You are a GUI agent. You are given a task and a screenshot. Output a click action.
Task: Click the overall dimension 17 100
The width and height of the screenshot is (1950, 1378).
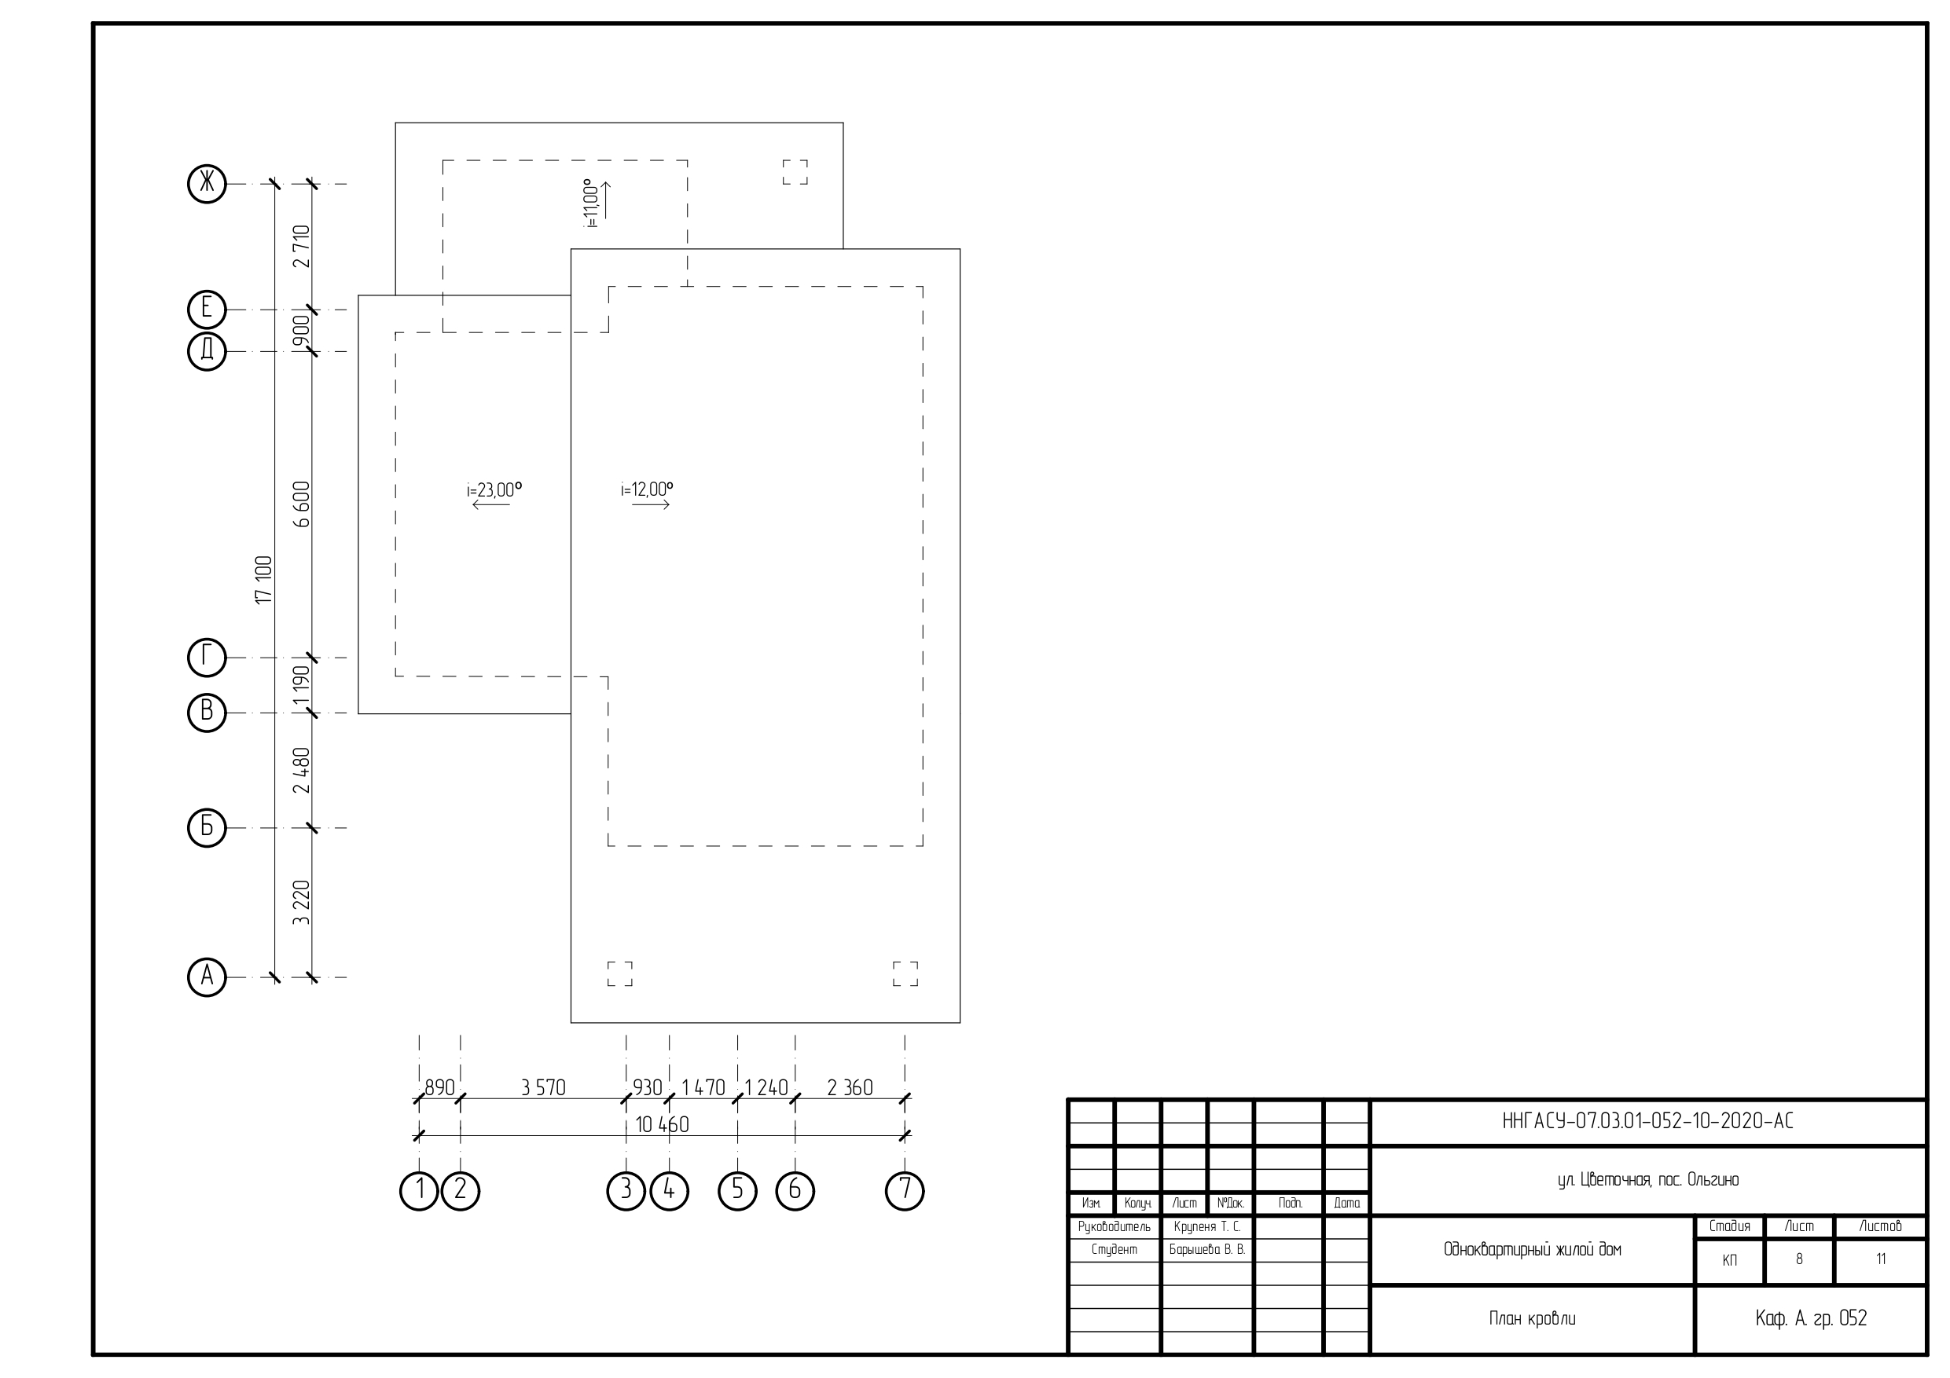(x=264, y=580)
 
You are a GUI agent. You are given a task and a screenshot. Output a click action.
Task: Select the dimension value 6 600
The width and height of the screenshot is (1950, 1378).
(x=302, y=504)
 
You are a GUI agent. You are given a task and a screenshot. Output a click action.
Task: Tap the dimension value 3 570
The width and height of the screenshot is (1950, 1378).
(x=544, y=1087)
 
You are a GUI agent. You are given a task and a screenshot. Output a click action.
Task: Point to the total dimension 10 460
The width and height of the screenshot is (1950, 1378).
(x=663, y=1125)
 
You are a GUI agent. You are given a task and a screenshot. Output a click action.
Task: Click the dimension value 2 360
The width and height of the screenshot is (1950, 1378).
(x=850, y=1087)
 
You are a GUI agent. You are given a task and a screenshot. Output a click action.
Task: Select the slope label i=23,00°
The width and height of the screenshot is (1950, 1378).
(x=494, y=490)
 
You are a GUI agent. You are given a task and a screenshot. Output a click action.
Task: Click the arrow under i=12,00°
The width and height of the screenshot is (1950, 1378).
(x=652, y=505)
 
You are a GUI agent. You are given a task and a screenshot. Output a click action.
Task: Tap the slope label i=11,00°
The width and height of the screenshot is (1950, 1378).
(x=592, y=203)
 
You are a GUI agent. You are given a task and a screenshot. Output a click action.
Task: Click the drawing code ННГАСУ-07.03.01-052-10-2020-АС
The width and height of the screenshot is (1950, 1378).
(x=1647, y=1122)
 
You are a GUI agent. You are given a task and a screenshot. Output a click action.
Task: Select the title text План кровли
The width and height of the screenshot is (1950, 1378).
(x=1532, y=1318)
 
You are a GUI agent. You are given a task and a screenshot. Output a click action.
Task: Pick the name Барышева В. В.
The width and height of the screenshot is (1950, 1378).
(x=1206, y=1250)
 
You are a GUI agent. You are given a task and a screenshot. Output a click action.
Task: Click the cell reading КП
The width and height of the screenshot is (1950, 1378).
(x=1729, y=1261)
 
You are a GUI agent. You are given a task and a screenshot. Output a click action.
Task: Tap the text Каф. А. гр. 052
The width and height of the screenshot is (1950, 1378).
(x=1812, y=1318)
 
